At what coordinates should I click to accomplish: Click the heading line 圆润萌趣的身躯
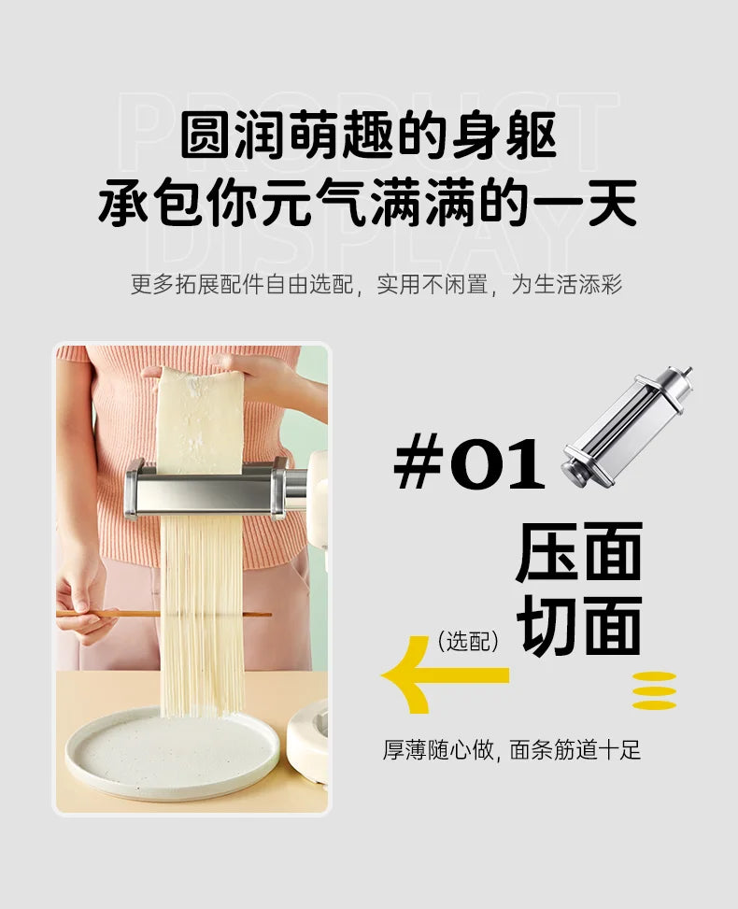368,136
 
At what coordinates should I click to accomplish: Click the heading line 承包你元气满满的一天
368,205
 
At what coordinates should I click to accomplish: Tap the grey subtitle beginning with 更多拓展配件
376,284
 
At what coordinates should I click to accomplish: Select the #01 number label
469,465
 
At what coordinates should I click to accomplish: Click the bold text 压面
579,553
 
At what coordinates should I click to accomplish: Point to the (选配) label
468,641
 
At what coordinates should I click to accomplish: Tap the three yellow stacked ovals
654,691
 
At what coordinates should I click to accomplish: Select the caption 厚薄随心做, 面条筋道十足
511,750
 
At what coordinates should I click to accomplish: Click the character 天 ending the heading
612,205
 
